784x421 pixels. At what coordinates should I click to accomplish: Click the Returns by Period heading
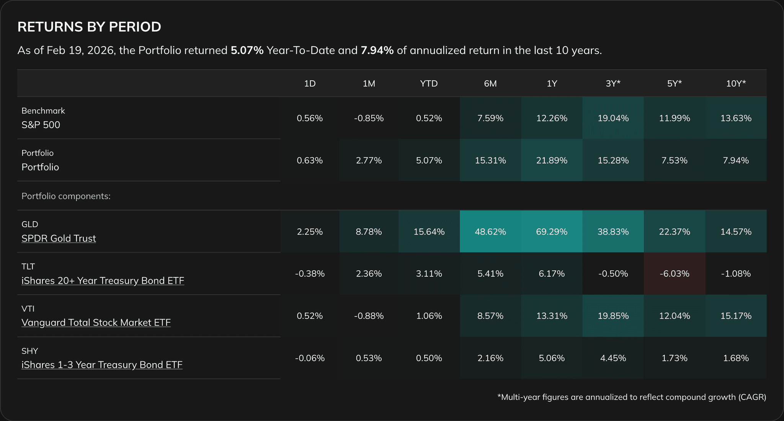[89, 27]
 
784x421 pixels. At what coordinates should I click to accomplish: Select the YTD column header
[429, 83]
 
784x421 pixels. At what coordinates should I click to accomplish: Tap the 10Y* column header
[736, 83]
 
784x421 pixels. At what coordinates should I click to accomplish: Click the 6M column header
[490, 83]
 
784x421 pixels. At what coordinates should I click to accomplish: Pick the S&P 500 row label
[41, 125]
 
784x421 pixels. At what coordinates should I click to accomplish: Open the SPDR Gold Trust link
[59, 238]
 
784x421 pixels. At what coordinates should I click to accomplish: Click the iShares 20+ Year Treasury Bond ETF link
[103, 281]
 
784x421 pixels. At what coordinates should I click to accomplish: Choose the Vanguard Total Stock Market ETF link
[96, 323]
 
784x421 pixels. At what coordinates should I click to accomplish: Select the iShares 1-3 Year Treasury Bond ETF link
[102, 365]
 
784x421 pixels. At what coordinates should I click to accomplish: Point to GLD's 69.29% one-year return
[552, 232]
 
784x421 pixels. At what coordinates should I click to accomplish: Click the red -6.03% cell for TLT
[674, 274]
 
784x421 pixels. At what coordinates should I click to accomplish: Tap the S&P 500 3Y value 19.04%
[613, 118]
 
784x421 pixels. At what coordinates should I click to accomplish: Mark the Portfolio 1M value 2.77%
[369, 160]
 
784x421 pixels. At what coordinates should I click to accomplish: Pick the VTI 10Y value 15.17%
[736, 316]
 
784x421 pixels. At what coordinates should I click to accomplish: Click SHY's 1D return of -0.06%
[310, 358]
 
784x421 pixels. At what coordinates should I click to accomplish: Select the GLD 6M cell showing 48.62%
[490, 232]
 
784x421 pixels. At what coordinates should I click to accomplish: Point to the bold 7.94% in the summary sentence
[377, 51]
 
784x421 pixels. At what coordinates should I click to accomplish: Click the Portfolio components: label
[66, 196]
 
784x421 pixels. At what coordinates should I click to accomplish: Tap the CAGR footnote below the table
[632, 397]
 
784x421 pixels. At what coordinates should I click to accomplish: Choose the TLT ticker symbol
[28, 266]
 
